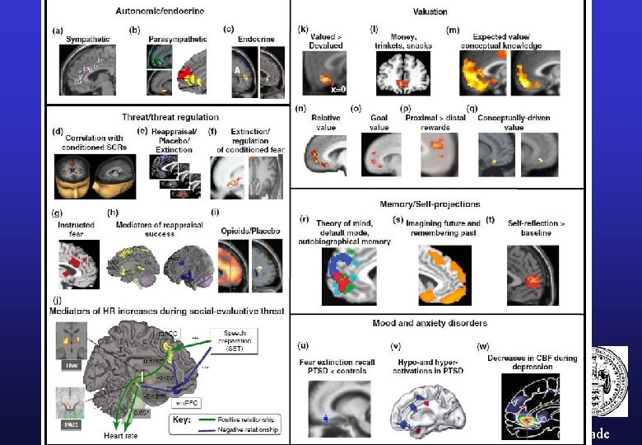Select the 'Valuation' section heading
(430, 12)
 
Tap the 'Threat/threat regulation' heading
(170, 118)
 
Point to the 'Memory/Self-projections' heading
(430, 204)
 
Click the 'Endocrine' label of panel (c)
(256, 39)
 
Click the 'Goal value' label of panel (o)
(379, 123)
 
